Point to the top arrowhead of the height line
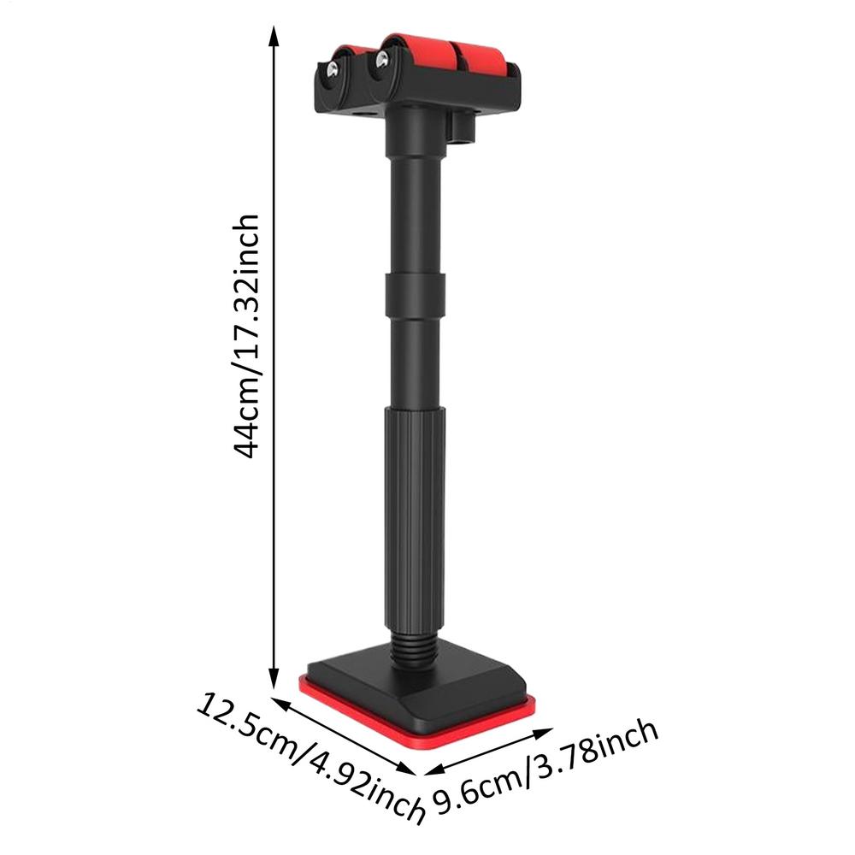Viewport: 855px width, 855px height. pyautogui.click(x=274, y=36)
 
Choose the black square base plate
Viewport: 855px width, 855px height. pyautogui.click(x=419, y=688)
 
